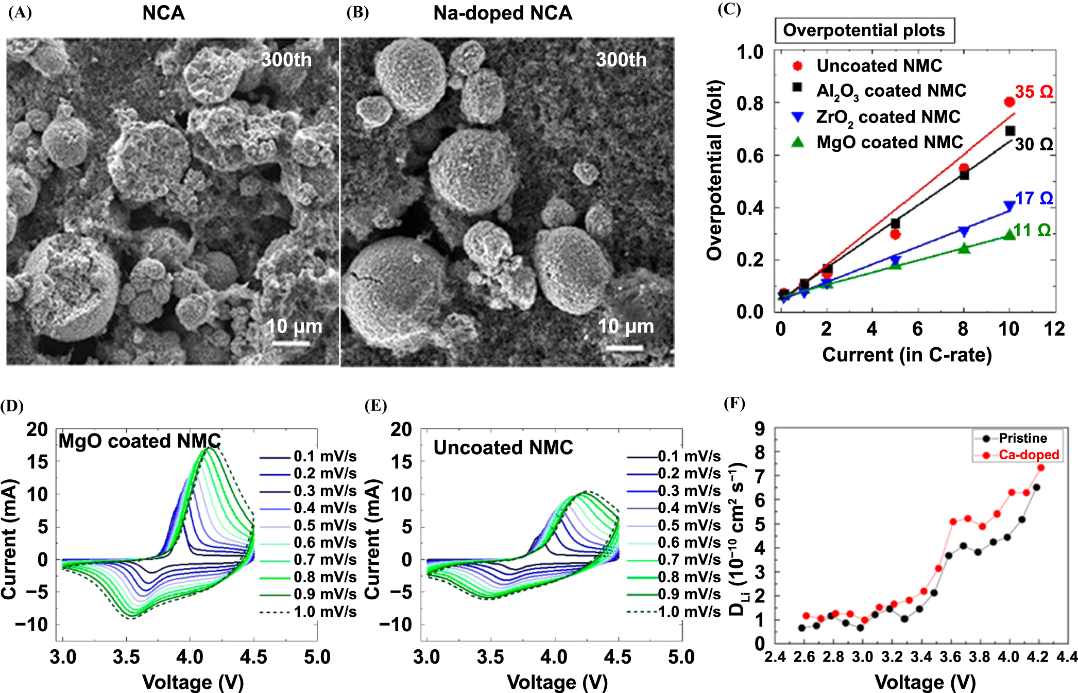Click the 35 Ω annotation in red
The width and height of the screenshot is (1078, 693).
(1033, 92)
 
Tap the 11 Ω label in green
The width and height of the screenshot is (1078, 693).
(1032, 230)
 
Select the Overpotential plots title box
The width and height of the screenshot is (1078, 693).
(864, 30)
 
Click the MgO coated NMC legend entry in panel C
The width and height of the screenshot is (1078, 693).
(889, 142)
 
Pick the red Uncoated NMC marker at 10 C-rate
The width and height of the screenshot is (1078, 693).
(1009, 102)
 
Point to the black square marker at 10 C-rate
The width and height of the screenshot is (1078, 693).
(1010, 131)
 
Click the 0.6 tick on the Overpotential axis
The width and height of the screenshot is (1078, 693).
(750, 155)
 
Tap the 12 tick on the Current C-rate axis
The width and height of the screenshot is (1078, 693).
(1054, 329)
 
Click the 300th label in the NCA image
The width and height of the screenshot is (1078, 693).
(286, 60)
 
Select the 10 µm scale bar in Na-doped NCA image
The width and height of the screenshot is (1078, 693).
(625, 348)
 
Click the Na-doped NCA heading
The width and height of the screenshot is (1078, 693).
(503, 13)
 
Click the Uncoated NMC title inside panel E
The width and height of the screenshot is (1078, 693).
(503, 447)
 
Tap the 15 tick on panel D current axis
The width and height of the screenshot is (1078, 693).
(37, 462)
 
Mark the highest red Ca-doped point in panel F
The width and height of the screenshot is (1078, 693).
(1040, 467)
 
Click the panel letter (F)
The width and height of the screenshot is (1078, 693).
(734, 403)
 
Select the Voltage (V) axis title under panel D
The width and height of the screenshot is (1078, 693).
(193, 682)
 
